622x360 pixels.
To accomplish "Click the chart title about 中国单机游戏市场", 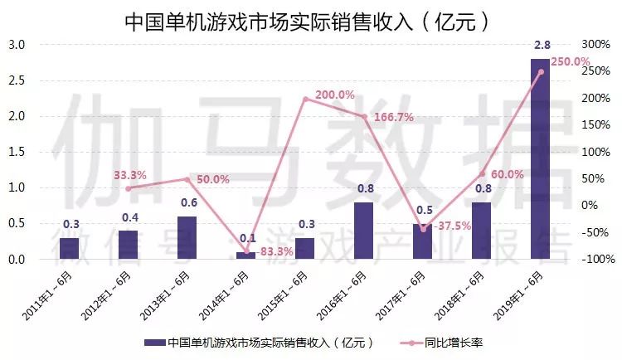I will point(306,21).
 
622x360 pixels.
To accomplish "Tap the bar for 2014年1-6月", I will point(246,255).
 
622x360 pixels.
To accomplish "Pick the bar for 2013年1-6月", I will point(187,238).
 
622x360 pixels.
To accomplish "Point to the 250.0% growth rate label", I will point(570,62).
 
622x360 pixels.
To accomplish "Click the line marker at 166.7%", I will point(364,116).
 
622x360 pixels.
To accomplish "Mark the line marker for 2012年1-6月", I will point(129,188).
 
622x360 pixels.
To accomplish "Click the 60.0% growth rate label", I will point(508,174).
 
